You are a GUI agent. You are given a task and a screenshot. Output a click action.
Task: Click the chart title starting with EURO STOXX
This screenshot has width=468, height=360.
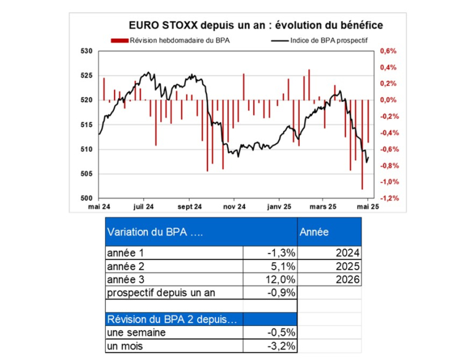(256, 25)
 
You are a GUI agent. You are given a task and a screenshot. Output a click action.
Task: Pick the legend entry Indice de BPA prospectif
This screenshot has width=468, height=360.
(325, 41)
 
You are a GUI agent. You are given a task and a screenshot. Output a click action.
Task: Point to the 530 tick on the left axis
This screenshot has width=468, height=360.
(86, 51)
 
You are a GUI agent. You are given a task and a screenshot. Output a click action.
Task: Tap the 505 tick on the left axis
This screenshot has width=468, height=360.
(86, 174)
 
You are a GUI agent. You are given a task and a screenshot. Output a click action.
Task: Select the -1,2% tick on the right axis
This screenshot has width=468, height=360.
(389, 198)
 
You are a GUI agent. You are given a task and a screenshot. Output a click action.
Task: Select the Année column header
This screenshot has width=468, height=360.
(313, 232)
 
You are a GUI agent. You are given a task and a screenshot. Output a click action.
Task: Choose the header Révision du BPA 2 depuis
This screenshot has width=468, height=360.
(172, 319)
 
